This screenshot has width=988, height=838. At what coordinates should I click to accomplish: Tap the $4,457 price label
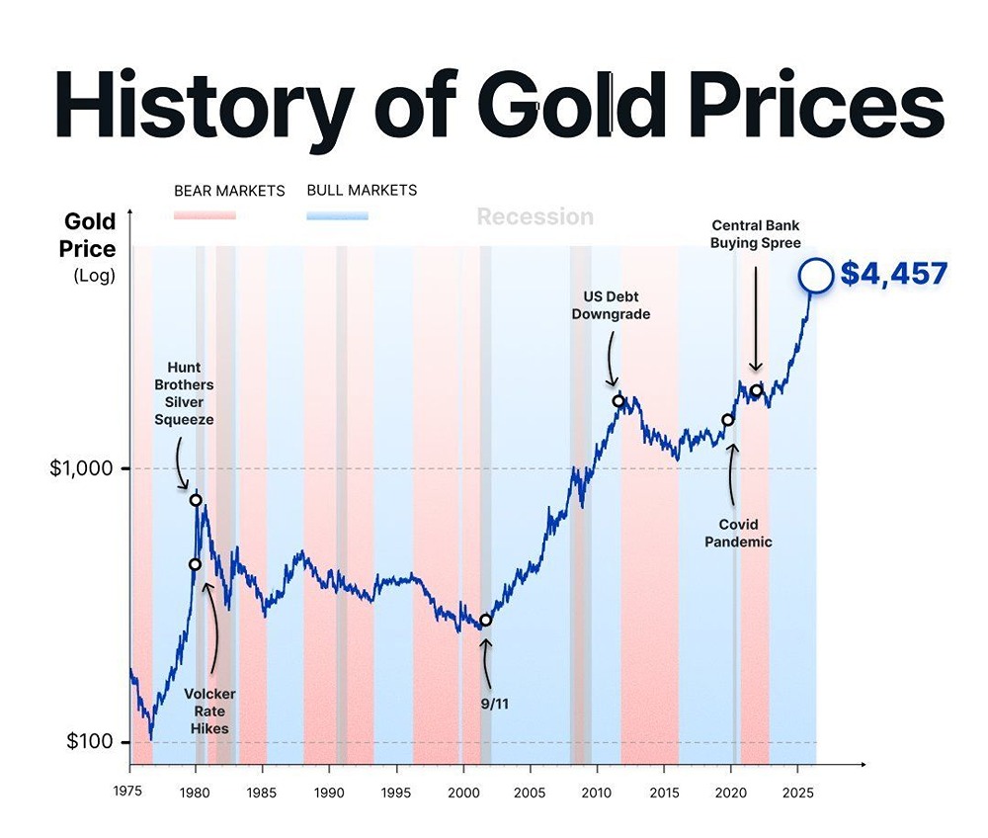pos(893,274)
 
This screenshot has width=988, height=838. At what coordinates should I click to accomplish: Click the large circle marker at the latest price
pos(816,276)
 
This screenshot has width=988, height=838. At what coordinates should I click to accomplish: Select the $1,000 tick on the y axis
pos(82,468)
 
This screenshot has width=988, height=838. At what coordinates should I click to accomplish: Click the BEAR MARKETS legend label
pos(229,191)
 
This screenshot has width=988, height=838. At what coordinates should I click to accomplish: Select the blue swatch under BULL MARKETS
pos(337,214)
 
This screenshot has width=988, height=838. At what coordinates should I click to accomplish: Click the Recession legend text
pos(535,217)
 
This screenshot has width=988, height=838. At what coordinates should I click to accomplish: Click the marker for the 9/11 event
pos(485,621)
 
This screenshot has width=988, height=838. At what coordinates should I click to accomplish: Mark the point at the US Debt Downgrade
pos(618,400)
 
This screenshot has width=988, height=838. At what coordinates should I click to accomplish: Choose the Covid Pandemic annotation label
pos(732,533)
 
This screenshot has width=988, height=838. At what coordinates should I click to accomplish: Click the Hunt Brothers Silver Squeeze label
pos(184,393)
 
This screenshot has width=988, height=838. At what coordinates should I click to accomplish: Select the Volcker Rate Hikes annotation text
pos(209,711)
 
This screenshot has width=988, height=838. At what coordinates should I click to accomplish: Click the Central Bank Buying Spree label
pos(756,233)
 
